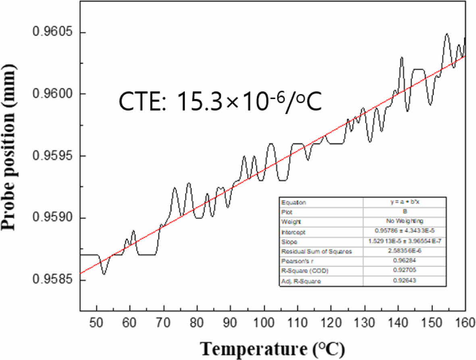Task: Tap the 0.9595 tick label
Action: tap(53, 156)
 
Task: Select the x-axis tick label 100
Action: tap(264, 323)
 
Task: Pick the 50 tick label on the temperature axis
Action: tap(97, 323)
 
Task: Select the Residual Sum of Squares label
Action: tap(317, 252)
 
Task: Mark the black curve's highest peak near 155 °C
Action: tap(447, 34)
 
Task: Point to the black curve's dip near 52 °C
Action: tap(104, 274)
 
